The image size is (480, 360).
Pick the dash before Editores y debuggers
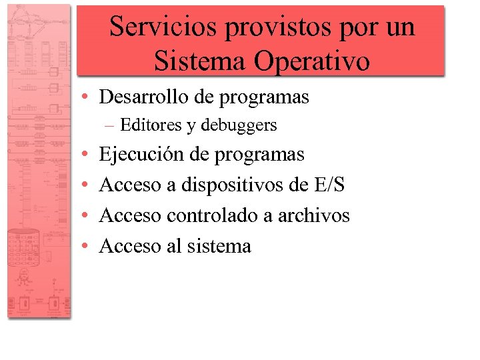click(x=109, y=125)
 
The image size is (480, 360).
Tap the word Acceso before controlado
click(x=130, y=215)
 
